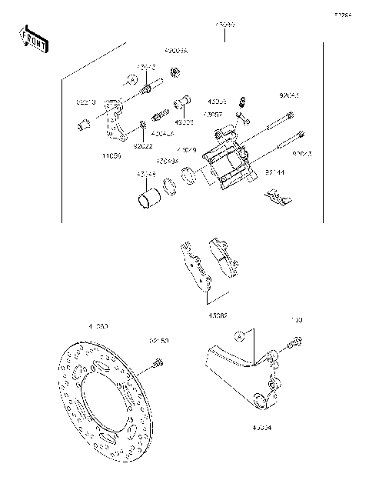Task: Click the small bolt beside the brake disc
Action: pos(158,362)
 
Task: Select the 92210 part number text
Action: pos(85,100)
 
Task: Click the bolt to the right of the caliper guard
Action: pos(294,347)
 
